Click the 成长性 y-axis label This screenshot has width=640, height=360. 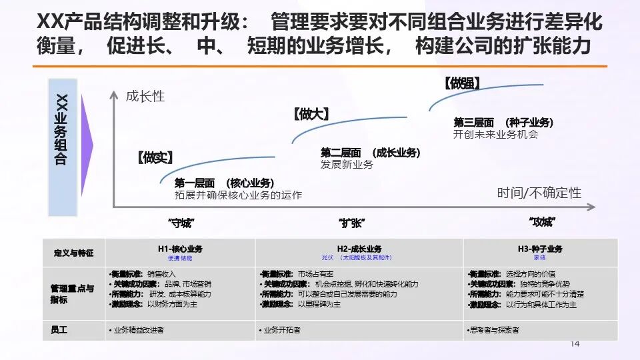[x=145, y=96]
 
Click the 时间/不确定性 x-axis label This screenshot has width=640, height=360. [x=539, y=193]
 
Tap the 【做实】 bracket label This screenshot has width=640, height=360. [x=155, y=157]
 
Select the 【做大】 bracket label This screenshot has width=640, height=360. [x=311, y=114]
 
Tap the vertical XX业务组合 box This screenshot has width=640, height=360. [x=63, y=147]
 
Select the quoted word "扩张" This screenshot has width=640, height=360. [x=352, y=223]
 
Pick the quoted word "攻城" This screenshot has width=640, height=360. [x=542, y=222]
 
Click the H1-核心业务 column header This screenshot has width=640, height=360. [x=180, y=249]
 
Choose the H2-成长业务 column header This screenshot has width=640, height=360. [x=359, y=249]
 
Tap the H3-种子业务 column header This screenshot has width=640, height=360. [x=540, y=249]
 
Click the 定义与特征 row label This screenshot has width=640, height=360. [x=73, y=253]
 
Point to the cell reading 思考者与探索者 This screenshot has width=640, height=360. [x=494, y=329]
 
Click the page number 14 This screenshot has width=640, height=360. [x=575, y=343]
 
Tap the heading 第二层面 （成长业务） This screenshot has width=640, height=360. [x=370, y=153]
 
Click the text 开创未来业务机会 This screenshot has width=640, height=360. [x=495, y=134]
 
